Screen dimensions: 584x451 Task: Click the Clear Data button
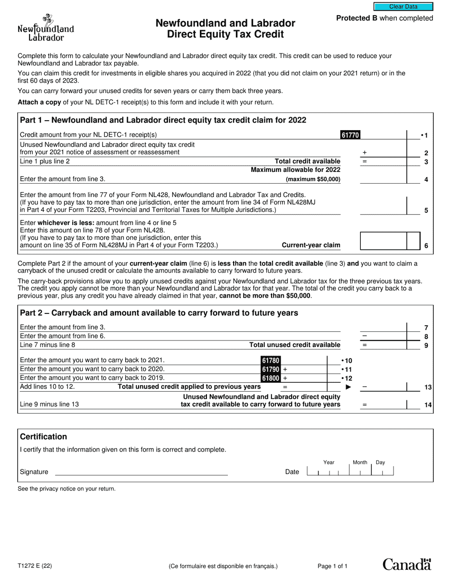pos(403,7)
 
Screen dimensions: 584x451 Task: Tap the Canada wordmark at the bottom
pos(407,564)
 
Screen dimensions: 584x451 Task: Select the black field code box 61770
pos(350,135)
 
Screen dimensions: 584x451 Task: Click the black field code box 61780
pos(271,360)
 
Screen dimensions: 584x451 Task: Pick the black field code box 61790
pos(271,369)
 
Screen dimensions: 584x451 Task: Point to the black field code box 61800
pos(271,378)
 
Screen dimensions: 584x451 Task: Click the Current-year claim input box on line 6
pos(384,241)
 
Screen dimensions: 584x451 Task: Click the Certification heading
pos(43,437)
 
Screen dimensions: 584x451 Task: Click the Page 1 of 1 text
pos(332,566)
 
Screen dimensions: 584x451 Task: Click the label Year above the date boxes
pos(329,462)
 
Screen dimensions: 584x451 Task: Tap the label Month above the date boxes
pos(360,462)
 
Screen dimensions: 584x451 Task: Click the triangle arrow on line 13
pos(348,387)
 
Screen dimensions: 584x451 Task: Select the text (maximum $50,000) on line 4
pos(313,179)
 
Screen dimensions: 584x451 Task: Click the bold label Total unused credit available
pos(295,345)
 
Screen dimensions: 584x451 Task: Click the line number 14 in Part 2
pos(428,405)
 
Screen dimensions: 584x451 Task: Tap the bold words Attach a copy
pos(39,102)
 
